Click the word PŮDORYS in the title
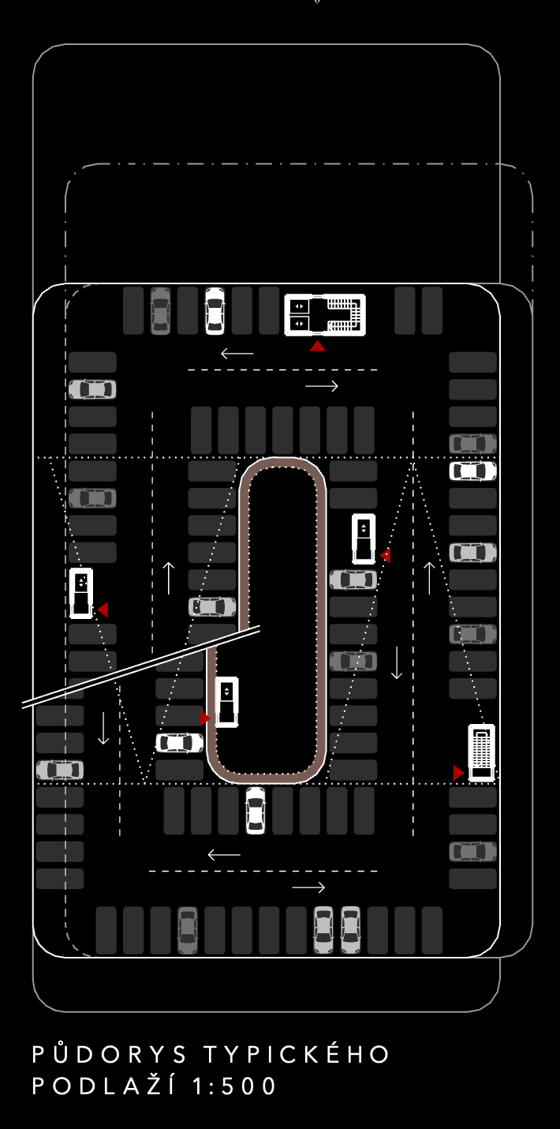click(x=110, y=1053)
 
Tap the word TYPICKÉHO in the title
click(x=297, y=1053)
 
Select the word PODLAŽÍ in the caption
click(x=104, y=1085)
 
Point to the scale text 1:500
click(x=234, y=1085)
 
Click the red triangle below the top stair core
click(x=317, y=346)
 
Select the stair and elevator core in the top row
click(x=325, y=315)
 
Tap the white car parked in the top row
click(x=215, y=311)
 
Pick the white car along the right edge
click(x=473, y=471)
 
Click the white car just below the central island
click(x=256, y=811)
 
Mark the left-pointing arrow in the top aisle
click(x=237, y=354)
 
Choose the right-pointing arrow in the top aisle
click(x=322, y=386)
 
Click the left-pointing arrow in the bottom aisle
click(x=224, y=855)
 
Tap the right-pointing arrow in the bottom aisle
click(x=308, y=887)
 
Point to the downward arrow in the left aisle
click(x=103, y=728)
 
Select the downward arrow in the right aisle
click(x=397, y=662)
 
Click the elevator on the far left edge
click(x=81, y=593)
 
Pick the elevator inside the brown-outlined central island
click(x=226, y=702)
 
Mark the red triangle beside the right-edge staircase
click(x=458, y=773)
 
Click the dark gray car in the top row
click(x=161, y=311)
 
